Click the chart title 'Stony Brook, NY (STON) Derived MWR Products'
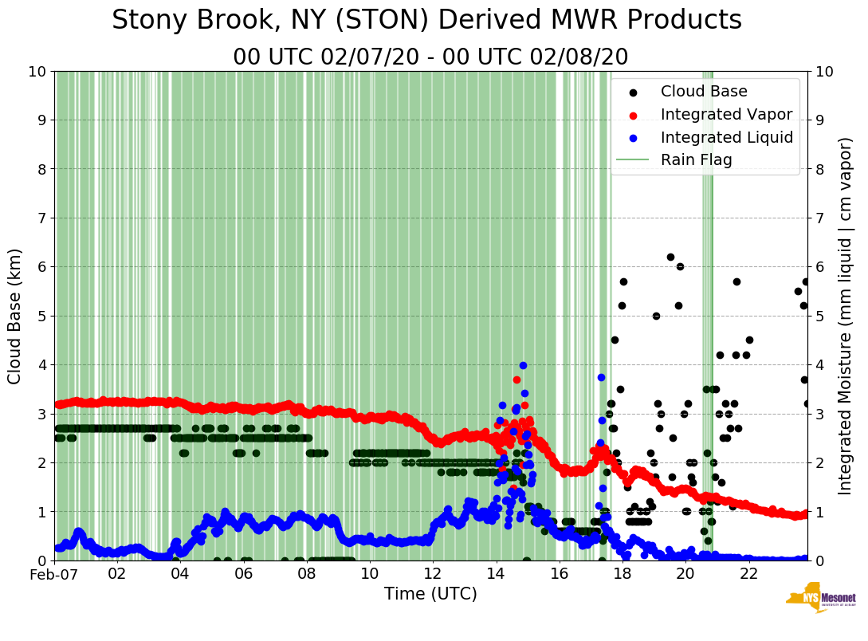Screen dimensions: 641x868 pyautogui.click(x=426, y=21)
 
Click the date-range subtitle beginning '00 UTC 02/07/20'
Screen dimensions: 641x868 pyautogui.click(x=430, y=57)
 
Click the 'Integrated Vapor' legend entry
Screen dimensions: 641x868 pyautogui.click(x=726, y=114)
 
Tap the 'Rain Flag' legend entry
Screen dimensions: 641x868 pyautogui.click(x=696, y=159)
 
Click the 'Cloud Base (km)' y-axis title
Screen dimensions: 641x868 pyautogui.click(x=15, y=316)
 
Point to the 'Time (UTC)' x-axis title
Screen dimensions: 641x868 pyautogui.click(x=430, y=594)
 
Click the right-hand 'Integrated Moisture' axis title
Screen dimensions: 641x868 pyautogui.click(x=846, y=316)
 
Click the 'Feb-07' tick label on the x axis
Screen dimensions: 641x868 pyautogui.click(x=55, y=574)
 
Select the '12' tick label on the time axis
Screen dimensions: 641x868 pyautogui.click(x=433, y=574)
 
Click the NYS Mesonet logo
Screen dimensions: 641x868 pyautogui.click(x=820, y=601)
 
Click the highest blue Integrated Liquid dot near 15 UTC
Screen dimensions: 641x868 pyautogui.click(x=523, y=365)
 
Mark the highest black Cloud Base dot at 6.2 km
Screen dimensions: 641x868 pyautogui.click(x=670, y=257)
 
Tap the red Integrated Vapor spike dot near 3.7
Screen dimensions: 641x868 pyautogui.click(x=516, y=379)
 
